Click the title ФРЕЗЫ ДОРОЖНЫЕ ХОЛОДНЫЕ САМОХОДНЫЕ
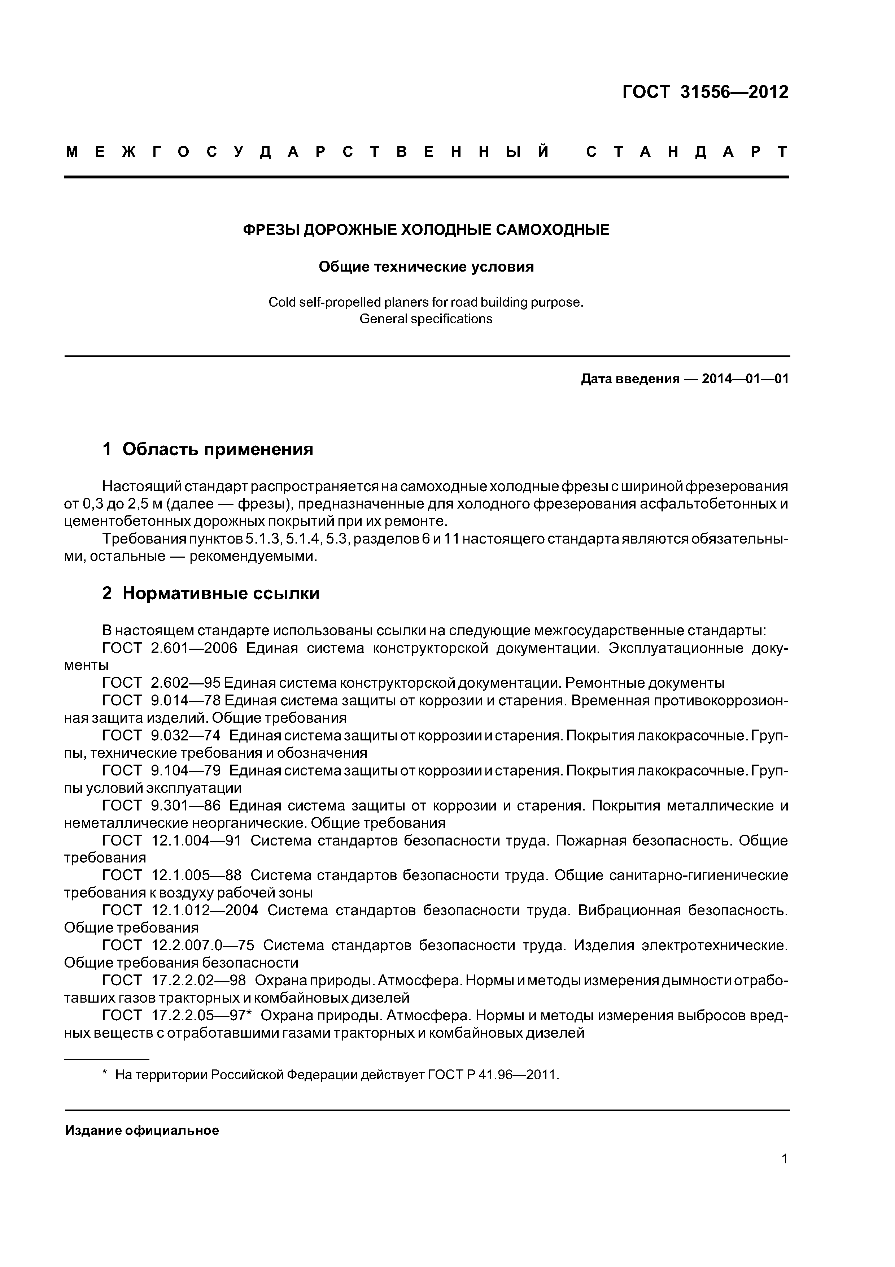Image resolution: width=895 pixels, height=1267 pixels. tap(426, 230)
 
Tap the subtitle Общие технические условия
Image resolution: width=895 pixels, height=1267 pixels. tap(426, 267)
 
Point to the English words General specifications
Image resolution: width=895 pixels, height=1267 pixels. tap(426, 319)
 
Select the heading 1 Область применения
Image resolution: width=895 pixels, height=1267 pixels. tap(208, 449)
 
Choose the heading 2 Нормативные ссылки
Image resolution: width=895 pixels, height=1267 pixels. tap(211, 593)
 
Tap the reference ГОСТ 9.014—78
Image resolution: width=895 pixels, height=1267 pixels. tap(162, 700)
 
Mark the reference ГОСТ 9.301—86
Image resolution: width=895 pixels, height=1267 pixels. tap(162, 806)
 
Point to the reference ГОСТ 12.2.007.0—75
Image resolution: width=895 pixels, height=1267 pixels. tap(178, 945)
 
